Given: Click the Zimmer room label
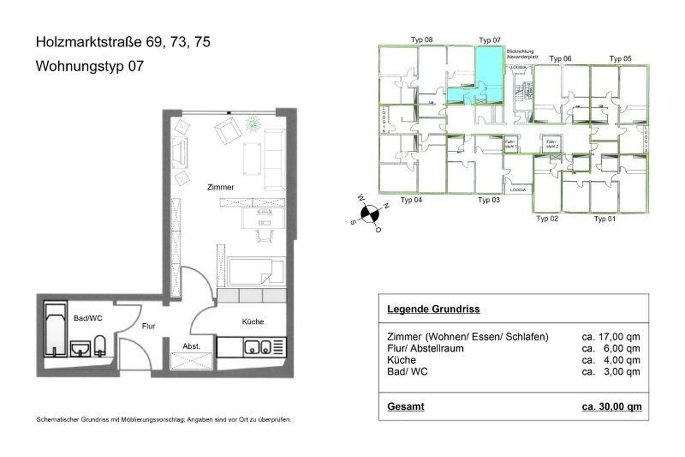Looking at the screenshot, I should click(x=220, y=187).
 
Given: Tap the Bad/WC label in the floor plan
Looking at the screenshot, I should click(x=88, y=318).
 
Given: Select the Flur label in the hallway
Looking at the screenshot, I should click(x=148, y=326).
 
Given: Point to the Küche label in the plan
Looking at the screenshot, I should click(x=253, y=322).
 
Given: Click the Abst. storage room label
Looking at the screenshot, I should click(x=191, y=346).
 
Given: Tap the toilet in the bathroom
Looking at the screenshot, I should click(x=100, y=345).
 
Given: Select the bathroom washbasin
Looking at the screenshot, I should click(x=80, y=349).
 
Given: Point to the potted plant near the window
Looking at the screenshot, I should click(x=254, y=124).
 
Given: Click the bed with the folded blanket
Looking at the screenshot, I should click(x=256, y=271).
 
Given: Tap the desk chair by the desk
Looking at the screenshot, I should click(x=265, y=234).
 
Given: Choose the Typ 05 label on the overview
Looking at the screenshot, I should click(x=620, y=59).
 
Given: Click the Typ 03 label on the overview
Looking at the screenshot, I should click(x=489, y=200).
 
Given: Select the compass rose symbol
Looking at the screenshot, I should click(x=370, y=214).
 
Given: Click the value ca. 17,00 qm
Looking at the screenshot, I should click(x=611, y=337).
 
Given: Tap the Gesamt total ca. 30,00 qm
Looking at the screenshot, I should click(x=611, y=407).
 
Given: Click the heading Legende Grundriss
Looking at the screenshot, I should click(x=433, y=309).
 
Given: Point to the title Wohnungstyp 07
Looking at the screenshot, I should click(x=90, y=66).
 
